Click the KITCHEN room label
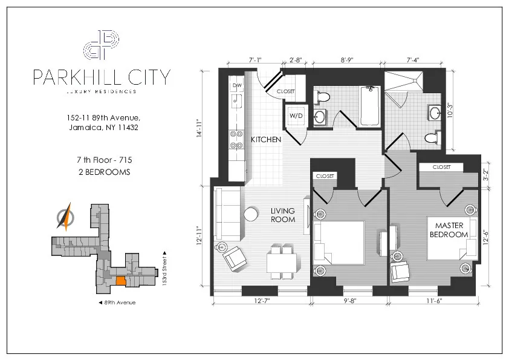click(266, 140)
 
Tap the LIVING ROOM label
click(283, 215)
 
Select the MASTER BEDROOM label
click(449, 230)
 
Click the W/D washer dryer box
click(296, 115)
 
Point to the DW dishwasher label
click(236, 86)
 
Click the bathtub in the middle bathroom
click(369, 106)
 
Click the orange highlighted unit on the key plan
click(121, 281)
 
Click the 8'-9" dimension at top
click(347, 60)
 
